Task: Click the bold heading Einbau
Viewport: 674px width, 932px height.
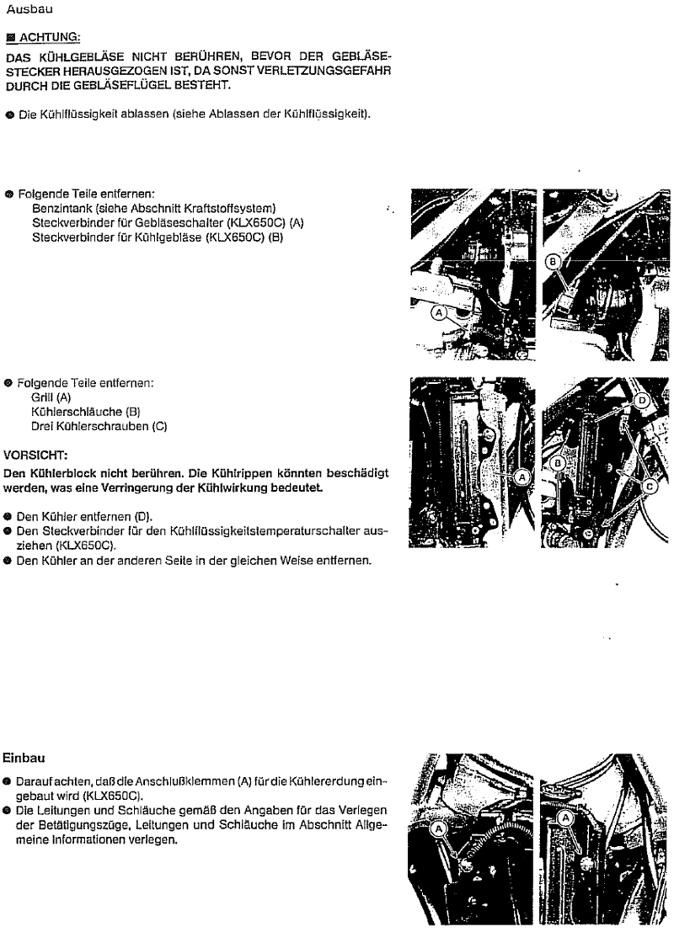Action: pos(23,758)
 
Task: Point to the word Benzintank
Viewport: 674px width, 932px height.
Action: pos(62,208)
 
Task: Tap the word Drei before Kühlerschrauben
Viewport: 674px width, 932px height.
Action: pos(42,426)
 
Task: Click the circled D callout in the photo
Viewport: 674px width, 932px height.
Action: pos(642,401)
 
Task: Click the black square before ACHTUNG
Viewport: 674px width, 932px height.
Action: pos(10,37)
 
